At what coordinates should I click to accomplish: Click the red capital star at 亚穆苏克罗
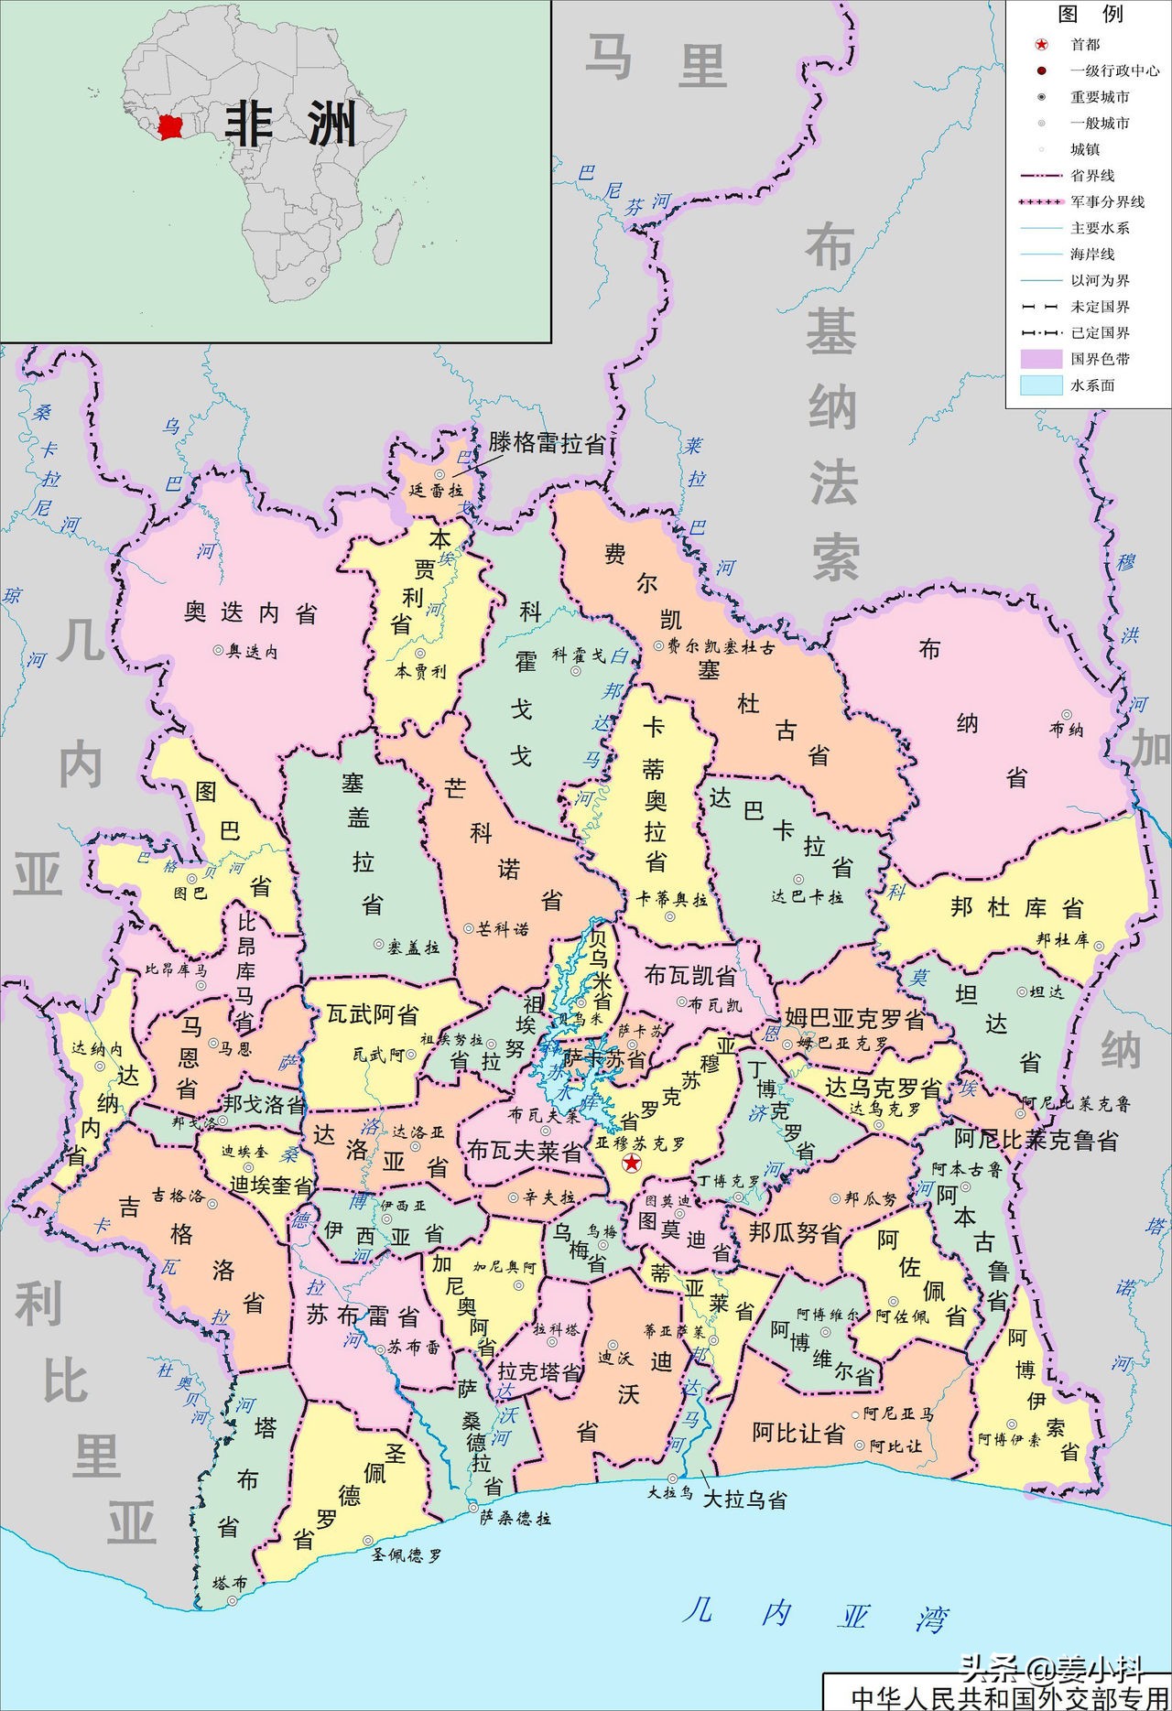631,1164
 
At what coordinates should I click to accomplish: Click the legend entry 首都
1085,45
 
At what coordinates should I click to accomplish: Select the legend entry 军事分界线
1107,202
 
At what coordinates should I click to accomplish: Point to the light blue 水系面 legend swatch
1041,385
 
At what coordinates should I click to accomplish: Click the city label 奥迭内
253,652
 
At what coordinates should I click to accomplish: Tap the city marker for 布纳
1067,715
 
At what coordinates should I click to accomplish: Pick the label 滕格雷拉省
547,444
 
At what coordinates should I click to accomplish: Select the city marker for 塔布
233,1601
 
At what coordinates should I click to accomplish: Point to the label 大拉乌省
744,1500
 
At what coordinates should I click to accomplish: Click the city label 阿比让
895,1446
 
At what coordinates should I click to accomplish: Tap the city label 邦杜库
1062,939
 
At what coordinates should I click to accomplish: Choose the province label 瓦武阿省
373,1014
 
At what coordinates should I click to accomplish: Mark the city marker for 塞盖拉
378,944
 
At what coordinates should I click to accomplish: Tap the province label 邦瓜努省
795,1233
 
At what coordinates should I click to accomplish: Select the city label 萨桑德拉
515,1519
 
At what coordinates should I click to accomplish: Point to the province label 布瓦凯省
689,976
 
